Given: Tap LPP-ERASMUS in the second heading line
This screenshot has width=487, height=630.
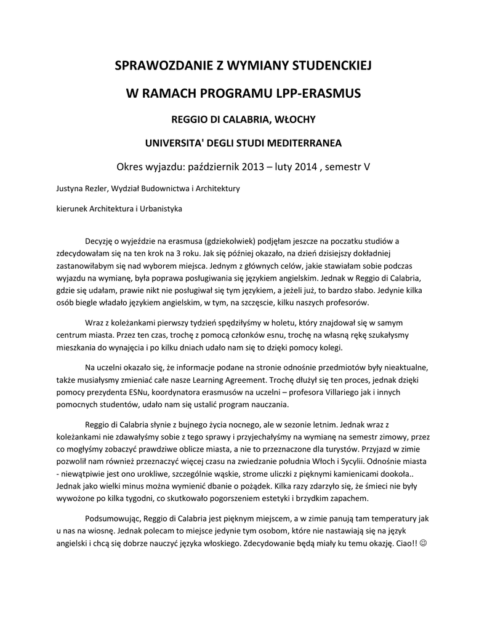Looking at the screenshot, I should pyautogui.click(x=318, y=94).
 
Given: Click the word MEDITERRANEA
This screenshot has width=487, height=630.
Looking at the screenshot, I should pyautogui.click(x=302, y=143).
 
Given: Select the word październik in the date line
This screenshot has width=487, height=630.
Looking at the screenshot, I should pyautogui.click(x=204, y=167).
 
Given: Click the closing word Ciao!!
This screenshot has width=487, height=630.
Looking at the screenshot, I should pyautogui.click(x=403, y=544).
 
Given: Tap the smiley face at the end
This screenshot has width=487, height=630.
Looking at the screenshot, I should pyautogui.click(x=422, y=544).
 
